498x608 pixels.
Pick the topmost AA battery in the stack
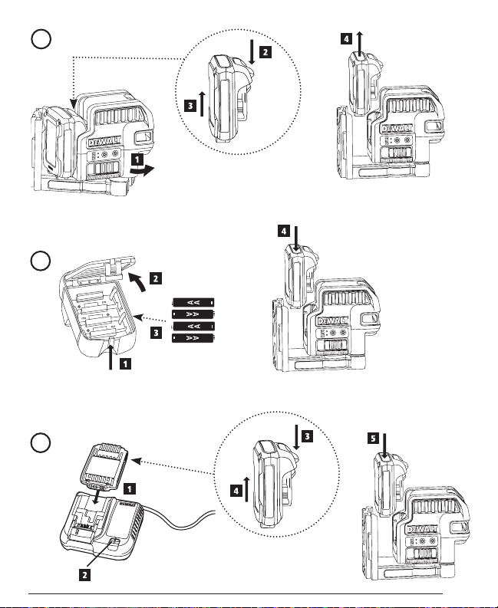[193, 302]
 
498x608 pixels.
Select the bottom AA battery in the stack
[193, 338]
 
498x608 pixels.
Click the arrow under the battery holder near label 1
[113, 356]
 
